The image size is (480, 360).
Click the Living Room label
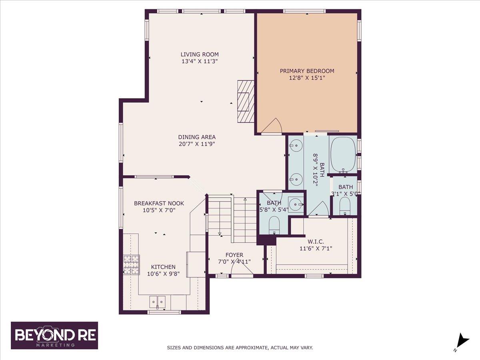(x=199, y=54)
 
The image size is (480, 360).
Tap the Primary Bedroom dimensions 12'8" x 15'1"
(x=307, y=78)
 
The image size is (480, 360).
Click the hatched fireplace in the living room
(x=246, y=102)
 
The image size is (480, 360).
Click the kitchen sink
(x=158, y=301)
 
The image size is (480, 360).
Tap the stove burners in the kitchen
(x=131, y=264)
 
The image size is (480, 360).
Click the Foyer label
(x=234, y=255)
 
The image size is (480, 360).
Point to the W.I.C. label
(x=316, y=242)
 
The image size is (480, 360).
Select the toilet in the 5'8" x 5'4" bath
(x=274, y=224)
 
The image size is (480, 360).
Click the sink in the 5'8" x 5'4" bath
(x=296, y=205)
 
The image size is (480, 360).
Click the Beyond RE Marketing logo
(x=54, y=335)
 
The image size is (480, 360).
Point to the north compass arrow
(x=462, y=341)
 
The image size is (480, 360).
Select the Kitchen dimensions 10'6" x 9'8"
(x=163, y=274)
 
